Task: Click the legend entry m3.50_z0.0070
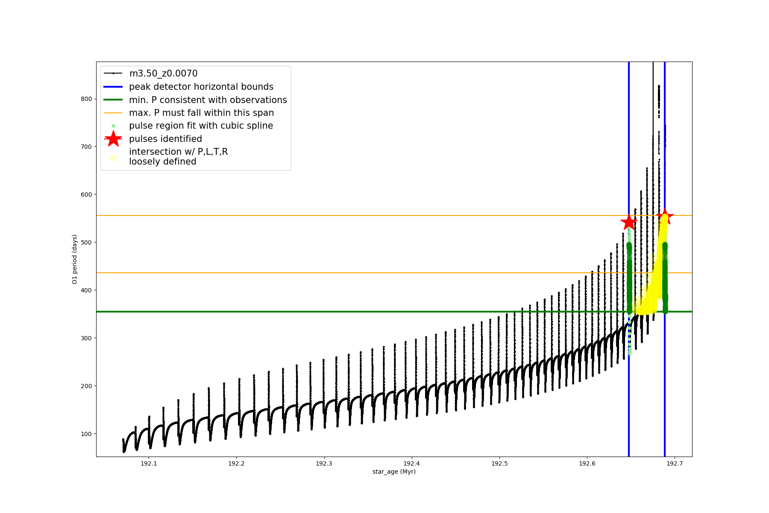pos(163,74)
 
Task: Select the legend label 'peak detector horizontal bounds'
pos(201,87)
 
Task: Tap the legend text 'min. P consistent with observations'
pos(208,100)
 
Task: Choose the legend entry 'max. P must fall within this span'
pos(201,113)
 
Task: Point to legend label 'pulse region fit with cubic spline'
pos(201,126)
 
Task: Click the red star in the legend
pos(113,139)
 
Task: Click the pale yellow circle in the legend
pos(113,158)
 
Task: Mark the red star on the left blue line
pos(628,222)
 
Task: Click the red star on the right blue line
pos(665,216)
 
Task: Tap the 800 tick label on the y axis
pos(86,99)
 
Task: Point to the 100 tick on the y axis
pos(86,434)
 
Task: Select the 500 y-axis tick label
pos(86,242)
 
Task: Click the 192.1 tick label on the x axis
pos(149,463)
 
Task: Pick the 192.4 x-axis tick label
pos(411,463)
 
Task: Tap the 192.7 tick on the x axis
pos(674,463)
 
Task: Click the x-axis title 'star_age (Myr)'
pos(394,472)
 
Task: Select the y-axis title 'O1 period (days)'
pos(75,259)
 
